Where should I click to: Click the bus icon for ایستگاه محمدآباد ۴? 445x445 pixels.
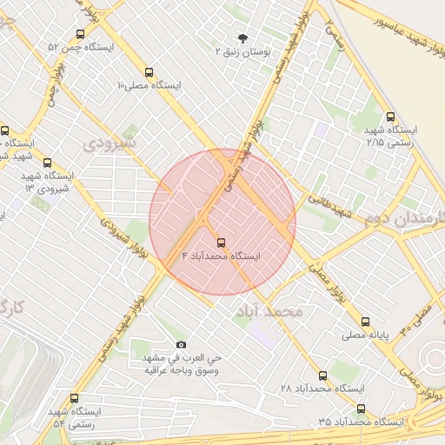point(219,242)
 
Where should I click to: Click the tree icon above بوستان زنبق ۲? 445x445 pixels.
point(242,38)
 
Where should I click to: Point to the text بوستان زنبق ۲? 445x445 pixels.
point(244,53)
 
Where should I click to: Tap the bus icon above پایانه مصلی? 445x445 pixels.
point(365,321)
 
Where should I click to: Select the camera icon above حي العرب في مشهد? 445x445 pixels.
point(181,344)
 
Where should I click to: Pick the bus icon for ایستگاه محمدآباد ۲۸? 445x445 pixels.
point(322,375)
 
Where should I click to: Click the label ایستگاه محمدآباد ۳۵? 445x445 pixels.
point(362,422)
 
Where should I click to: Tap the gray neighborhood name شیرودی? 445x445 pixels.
point(110,142)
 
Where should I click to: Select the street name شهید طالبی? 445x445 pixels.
point(331,205)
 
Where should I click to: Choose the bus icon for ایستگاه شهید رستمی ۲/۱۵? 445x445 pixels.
point(389,116)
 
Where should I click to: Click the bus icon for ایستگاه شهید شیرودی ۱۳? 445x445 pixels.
point(46,162)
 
